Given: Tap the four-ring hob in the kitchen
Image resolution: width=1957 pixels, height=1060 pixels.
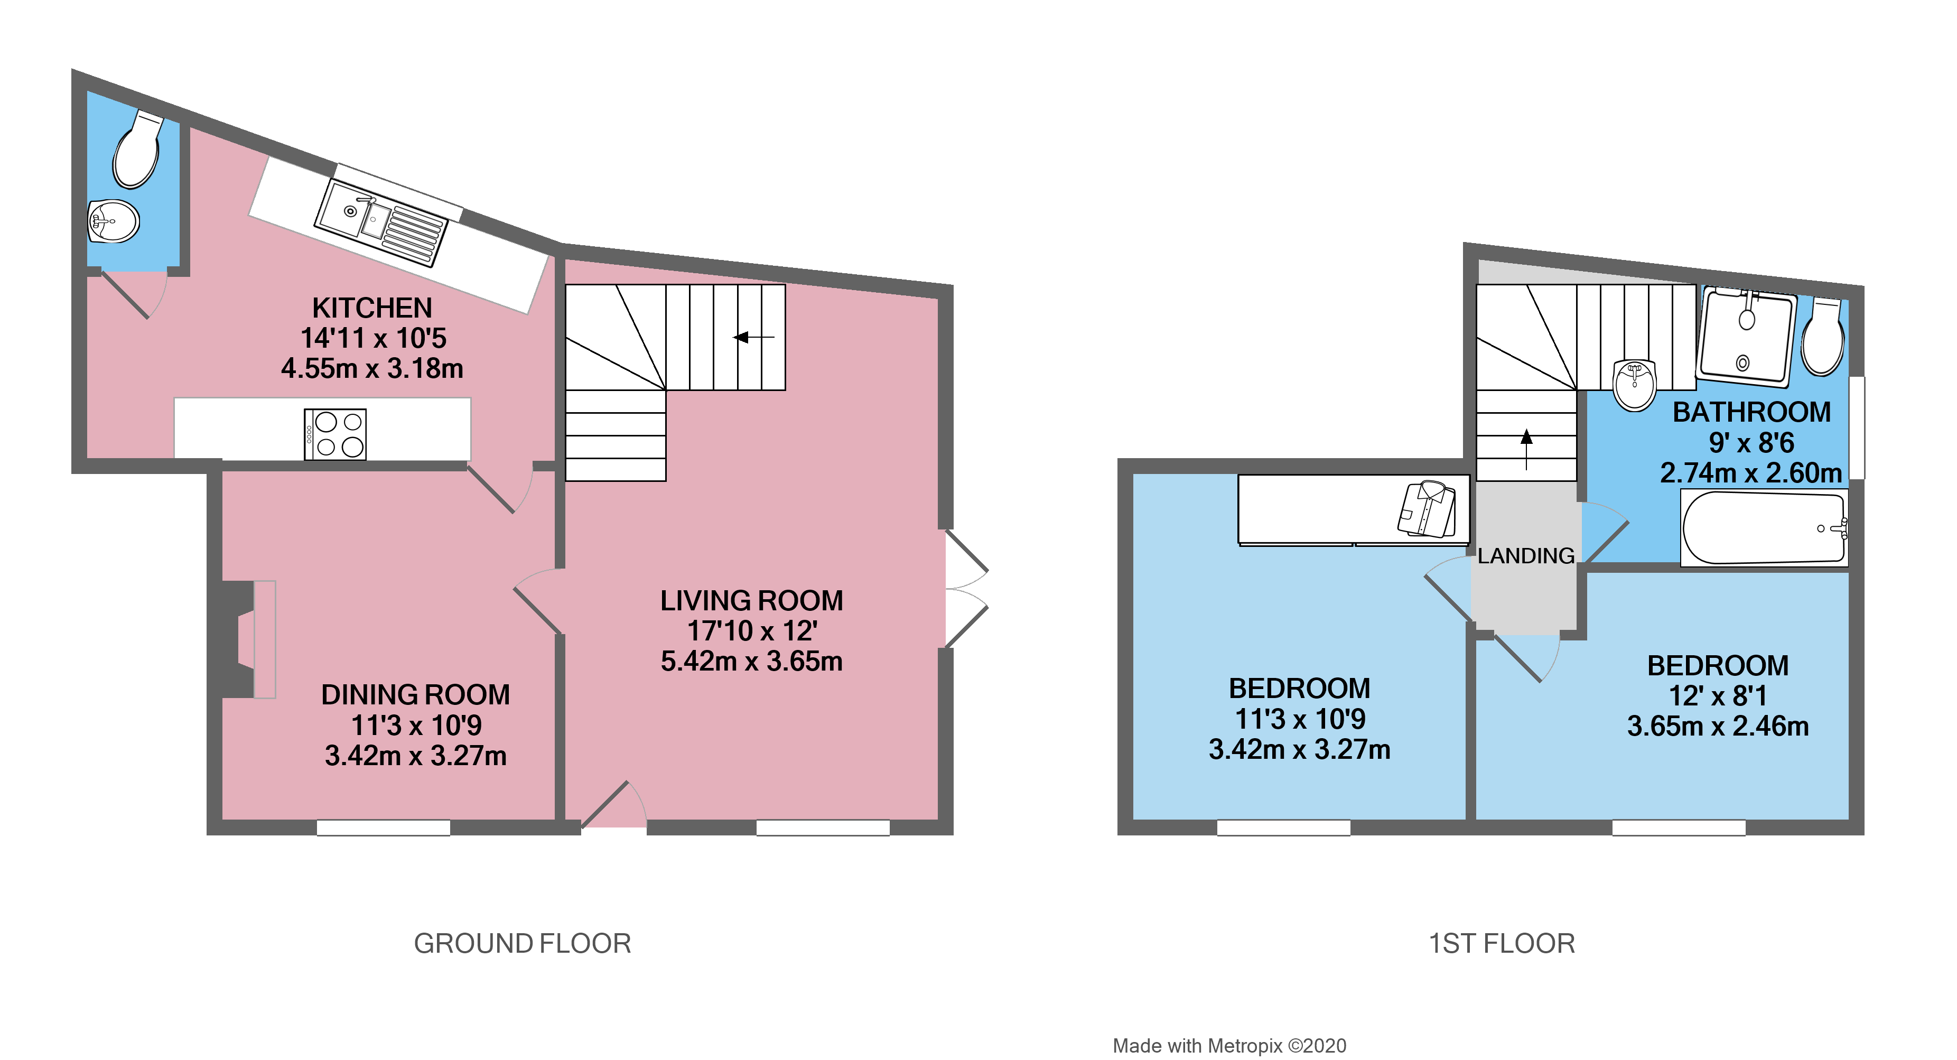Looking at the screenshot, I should coord(335,434).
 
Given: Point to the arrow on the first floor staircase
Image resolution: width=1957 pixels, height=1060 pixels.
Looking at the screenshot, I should coord(1526,448).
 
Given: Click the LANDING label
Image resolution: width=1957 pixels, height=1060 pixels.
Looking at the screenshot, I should coord(1525,556).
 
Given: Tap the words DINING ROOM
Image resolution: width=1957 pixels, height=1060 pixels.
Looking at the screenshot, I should coord(416,694).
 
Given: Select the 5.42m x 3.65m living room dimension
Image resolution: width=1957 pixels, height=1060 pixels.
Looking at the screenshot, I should coord(751,661).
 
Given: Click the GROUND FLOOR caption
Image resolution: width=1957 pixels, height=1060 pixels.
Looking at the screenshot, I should coord(522,944).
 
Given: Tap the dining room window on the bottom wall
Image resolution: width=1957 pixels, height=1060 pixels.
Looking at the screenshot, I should coord(383,827).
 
